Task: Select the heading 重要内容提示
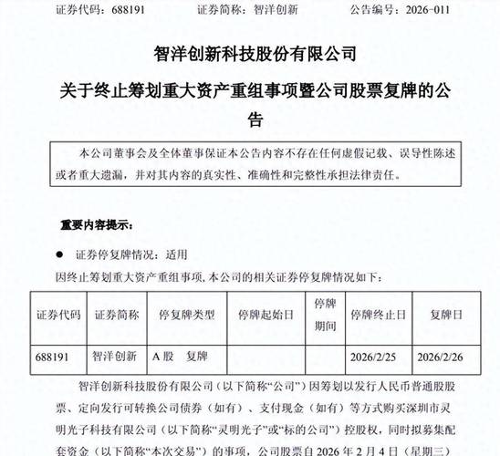click(96, 223)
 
